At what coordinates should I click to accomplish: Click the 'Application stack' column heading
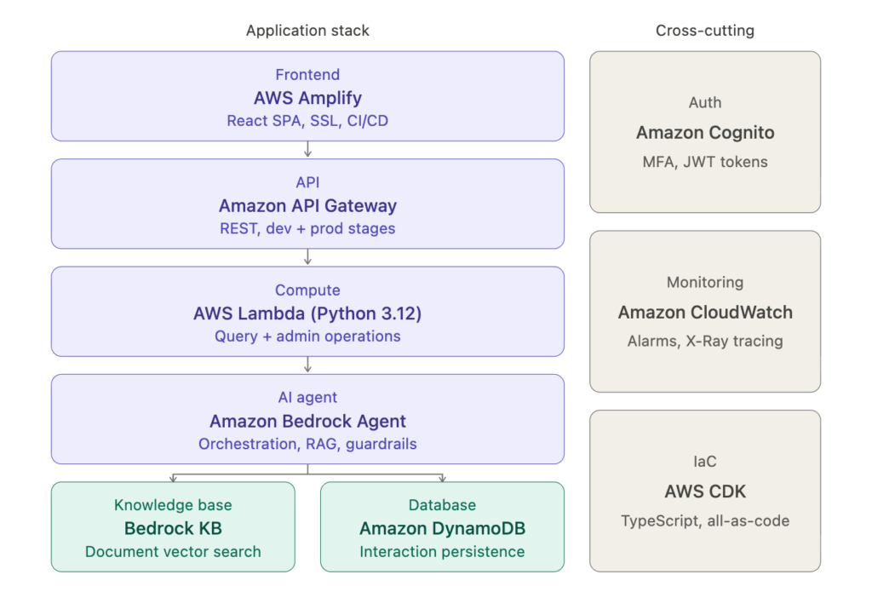[x=307, y=31]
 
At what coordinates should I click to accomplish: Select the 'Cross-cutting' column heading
[x=704, y=31]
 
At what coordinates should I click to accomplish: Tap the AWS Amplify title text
[x=307, y=97]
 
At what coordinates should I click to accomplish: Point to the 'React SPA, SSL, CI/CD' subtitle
[x=307, y=121]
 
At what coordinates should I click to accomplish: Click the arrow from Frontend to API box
[x=307, y=150]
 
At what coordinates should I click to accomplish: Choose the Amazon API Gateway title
[x=307, y=205]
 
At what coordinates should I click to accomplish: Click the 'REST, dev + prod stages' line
[x=307, y=228]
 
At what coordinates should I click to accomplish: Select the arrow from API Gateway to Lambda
[x=307, y=257]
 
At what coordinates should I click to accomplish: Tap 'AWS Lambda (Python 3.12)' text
[x=307, y=313]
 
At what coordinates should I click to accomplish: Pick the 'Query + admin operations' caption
[x=307, y=336]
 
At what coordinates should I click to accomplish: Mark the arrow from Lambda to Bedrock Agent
[x=307, y=365]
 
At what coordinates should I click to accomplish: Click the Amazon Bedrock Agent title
[x=307, y=421]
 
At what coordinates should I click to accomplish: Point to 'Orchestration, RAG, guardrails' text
[x=307, y=444]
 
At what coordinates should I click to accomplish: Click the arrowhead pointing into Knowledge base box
[x=173, y=478]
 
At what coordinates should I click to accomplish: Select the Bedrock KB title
[x=173, y=528]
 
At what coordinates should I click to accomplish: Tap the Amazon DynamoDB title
[x=442, y=528]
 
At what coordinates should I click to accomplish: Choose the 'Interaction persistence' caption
[x=442, y=551]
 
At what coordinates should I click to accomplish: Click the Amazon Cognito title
[x=705, y=133]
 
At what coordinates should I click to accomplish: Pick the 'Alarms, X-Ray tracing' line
[x=705, y=341]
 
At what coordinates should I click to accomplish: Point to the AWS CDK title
[x=705, y=491]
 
